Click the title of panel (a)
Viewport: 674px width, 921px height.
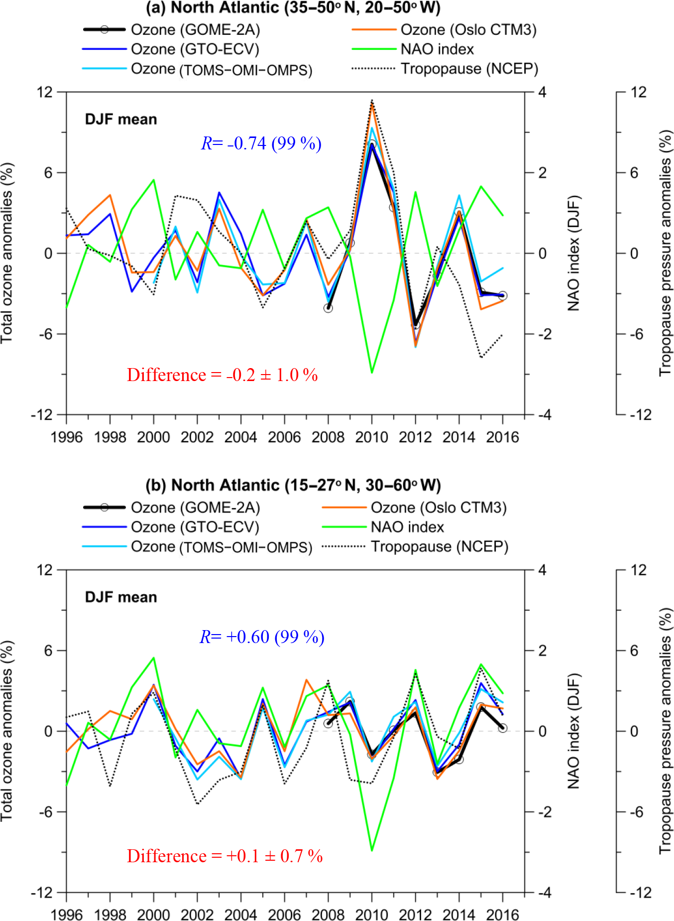click(x=293, y=8)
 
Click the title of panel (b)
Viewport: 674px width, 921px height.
click(x=293, y=485)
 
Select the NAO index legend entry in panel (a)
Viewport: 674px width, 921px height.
click(x=437, y=49)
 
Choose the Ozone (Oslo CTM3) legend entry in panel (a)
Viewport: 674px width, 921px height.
click(x=468, y=30)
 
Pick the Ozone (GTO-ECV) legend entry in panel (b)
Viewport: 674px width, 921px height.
click(x=195, y=527)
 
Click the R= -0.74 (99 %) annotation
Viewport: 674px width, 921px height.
click(x=261, y=143)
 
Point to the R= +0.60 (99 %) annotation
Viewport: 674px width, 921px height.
click(x=262, y=637)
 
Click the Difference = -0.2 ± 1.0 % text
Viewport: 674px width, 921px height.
click(x=223, y=375)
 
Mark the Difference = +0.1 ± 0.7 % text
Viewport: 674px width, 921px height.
click(x=225, y=856)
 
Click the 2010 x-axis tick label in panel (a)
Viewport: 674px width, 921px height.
click(x=371, y=437)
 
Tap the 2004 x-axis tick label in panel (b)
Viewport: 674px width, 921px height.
click(x=240, y=915)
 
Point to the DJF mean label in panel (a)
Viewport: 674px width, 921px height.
click(x=121, y=120)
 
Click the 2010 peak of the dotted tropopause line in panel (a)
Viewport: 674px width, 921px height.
click(x=372, y=100)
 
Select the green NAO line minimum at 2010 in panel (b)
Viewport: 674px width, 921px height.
click(x=372, y=850)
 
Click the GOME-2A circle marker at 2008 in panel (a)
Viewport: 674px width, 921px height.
click(x=328, y=308)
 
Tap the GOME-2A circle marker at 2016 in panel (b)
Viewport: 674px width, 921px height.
click(x=503, y=728)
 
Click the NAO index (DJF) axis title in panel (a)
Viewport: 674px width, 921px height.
click(x=574, y=253)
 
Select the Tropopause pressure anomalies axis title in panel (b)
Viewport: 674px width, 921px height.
click(x=666, y=731)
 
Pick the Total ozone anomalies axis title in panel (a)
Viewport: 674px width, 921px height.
click(x=7, y=253)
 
